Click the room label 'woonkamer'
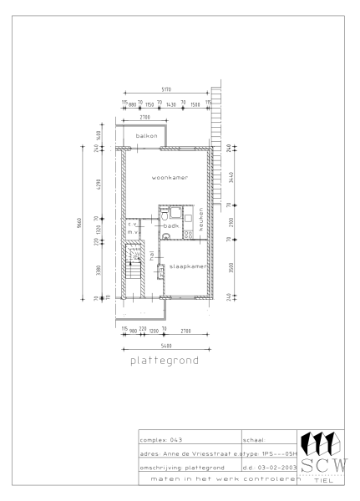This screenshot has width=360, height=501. [x=169, y=178]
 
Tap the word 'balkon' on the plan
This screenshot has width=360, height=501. [x=147, y=135]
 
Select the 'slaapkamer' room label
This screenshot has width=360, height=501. [x=187, y=266]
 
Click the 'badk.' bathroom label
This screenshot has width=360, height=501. [x=170, y=225]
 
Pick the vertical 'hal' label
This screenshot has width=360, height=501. [x=151, y=260]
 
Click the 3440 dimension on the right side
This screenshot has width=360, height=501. [x=231, y=177]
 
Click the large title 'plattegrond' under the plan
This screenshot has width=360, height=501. [x=165, y=362]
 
